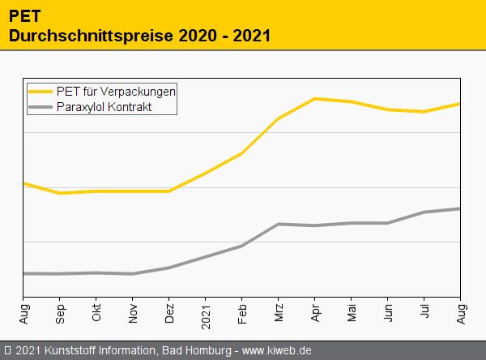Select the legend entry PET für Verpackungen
coord(116,91)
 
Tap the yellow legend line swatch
coord(40,91)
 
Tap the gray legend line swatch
coord(40,106)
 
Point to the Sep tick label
coord(60,313)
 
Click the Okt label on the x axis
coord(96,313)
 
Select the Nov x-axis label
coord(133,313)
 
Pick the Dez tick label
coord(169,313)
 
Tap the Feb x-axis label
coord(242,313)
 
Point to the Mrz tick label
coord(279,313)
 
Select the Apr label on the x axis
coord(315,313)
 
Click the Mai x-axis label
coord(352,313)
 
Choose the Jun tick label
coord(388,313)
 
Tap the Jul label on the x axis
coord(424,312)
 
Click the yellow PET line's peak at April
coord(314,99)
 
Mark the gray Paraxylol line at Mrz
coord(279,224)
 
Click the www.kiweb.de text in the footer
coord(277,350)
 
